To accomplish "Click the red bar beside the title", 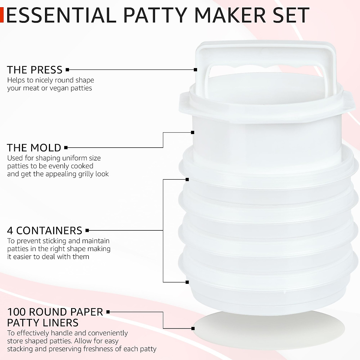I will (1, 15).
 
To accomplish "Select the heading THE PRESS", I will (34, 70).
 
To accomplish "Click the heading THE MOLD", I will (34, 148).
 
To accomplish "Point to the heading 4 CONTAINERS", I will (44, 230).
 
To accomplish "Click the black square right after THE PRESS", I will (67, 70).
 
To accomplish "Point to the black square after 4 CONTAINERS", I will (87, 230).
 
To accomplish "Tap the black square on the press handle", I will (196, 70).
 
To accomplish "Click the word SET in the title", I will (290, 15).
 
